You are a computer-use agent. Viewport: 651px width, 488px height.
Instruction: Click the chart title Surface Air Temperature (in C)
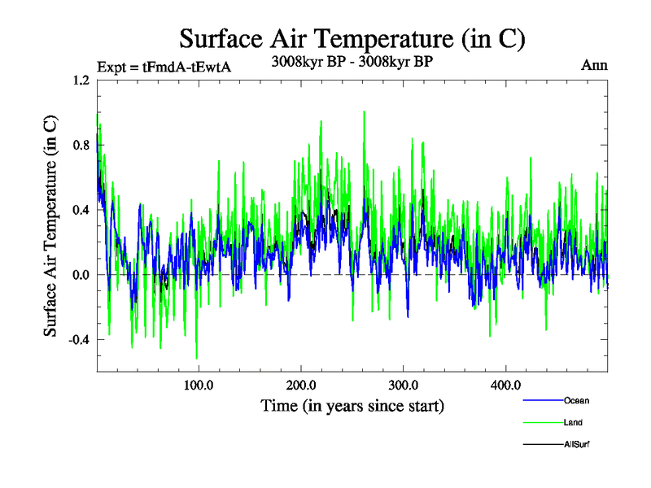352,38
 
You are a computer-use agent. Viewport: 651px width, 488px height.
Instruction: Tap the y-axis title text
50,226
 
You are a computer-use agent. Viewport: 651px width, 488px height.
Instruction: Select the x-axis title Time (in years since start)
352,405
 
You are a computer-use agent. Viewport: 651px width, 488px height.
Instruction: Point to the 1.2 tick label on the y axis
81,81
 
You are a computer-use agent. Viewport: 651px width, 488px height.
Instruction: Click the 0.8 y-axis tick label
81,145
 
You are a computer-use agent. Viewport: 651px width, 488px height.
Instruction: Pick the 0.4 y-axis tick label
81,210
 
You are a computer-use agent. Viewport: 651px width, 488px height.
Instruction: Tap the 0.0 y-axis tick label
81,275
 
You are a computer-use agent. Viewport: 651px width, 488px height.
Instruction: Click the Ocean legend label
576,401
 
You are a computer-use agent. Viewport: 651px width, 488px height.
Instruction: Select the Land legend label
573,423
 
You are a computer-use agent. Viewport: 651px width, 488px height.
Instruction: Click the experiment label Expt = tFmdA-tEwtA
164,67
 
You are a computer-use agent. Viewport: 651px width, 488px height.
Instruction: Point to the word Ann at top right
594,65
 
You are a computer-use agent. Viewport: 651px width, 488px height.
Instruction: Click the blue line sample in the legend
541,401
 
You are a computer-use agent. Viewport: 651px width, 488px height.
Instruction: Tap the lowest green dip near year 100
196,358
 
